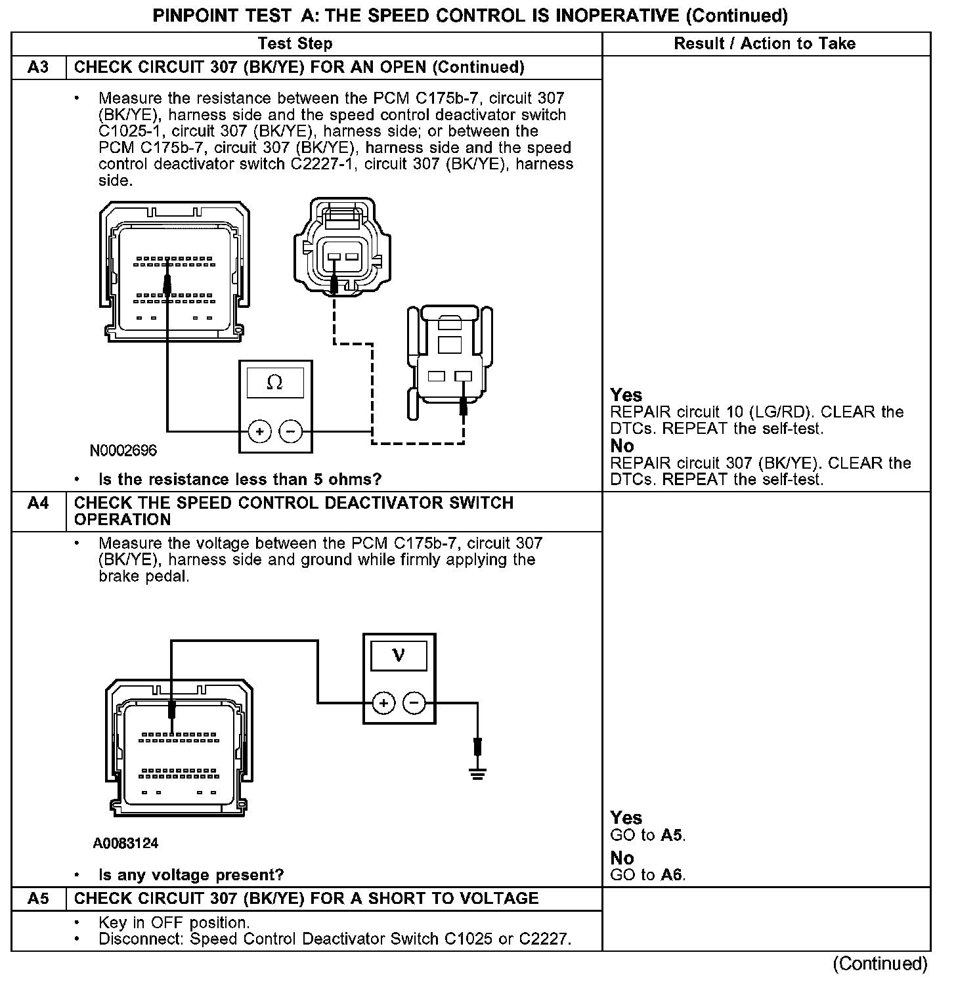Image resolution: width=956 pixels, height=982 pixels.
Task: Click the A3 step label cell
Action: (x=39, y=68)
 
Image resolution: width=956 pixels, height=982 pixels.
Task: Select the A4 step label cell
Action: (x=39, y=503)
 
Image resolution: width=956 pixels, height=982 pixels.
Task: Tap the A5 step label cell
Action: (x=39, y=899)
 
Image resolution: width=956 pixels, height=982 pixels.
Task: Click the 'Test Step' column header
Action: (x=295, y=44)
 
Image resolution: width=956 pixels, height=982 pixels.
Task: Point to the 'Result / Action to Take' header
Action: (x=765, y=44)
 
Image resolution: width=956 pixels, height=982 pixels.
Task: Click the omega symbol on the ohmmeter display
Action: (x=275, y=383)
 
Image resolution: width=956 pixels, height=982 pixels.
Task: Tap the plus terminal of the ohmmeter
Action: (x=260, y=431)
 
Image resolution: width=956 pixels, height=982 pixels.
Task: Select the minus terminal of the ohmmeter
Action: (x=291, y=431)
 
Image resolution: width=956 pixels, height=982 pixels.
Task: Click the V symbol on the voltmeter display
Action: (x=399, y=655)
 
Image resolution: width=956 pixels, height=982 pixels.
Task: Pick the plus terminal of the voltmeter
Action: (x=383, y=704)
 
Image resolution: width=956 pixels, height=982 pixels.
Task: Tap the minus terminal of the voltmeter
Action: (x=414, y=704)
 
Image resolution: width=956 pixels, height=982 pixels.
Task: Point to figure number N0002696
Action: (x=123, y=451)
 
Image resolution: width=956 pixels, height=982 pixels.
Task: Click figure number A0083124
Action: (x=125, y=843)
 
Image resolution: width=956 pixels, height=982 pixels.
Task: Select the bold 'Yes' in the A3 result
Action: (x=626, y=395)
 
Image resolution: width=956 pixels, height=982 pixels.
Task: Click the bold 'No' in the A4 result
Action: (x=622, y=858)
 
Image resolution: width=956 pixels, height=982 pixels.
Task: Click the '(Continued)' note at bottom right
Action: (x=880, y=964)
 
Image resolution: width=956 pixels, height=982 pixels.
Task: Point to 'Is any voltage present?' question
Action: (x=191, y=875)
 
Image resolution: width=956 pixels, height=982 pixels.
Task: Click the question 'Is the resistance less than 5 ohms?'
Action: (x=240, y=480)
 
